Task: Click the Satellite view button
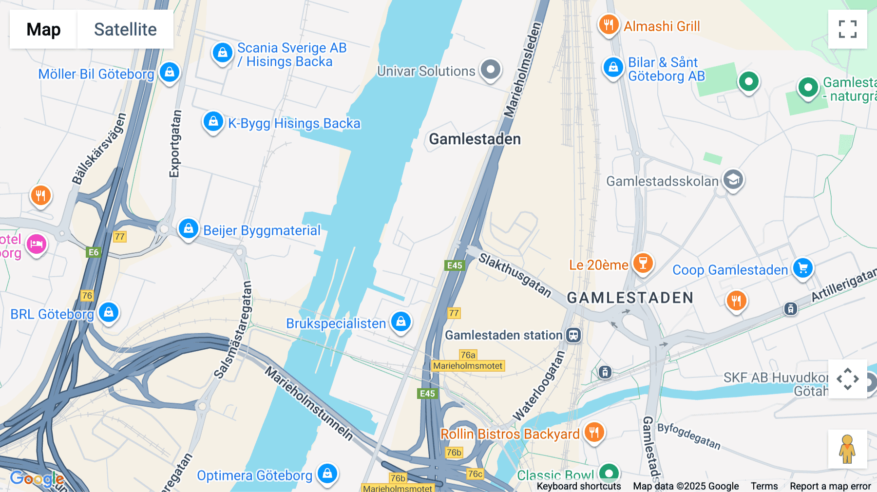point(125,29)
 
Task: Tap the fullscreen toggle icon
point(847,29)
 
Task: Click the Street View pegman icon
point(847,449)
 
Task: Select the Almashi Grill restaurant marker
point(609,24)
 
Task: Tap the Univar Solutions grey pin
point(491,69)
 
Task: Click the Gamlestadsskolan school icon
point(733,180)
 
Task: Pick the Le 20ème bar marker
point(643,263)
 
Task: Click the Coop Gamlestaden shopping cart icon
point(802,268)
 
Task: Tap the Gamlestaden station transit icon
point(573,335)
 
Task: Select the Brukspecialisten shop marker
point(401,322)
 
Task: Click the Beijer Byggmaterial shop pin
point(188,228)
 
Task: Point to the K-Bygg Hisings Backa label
point(294,123)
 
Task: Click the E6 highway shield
point(93,252)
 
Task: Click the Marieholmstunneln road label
point(309,404)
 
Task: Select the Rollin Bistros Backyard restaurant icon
point(594,432)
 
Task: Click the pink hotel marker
point(37,244)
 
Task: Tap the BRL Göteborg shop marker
point(109,312)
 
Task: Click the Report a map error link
point(830,486)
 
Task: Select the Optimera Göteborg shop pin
point(327,473)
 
